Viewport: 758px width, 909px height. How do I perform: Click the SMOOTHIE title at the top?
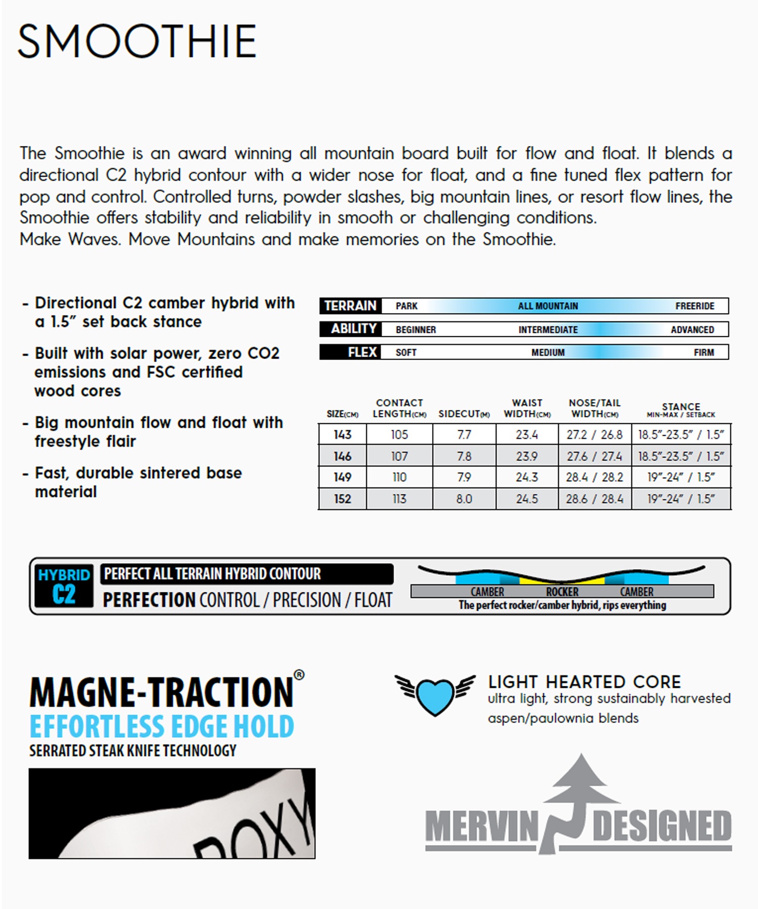(x=137, y=41)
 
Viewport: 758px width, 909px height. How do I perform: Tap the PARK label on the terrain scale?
(x=406, y=306)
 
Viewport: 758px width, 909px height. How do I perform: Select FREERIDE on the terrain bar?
(x=694, y=306)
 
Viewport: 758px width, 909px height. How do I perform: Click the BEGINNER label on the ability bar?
(x=415, y=330)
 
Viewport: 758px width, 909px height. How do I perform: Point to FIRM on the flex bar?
(x=703, y=352)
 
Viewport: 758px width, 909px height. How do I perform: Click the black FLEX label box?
(x=350, y=352)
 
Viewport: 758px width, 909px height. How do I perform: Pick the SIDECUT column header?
(x=463, y=414)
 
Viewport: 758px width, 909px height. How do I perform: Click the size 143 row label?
(x=342, y=434)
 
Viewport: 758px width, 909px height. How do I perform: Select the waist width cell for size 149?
(x=527, y=477)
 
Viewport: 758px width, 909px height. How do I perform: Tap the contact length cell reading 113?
(x=399, y=499)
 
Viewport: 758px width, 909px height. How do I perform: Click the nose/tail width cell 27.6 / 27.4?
(x=594, y=457)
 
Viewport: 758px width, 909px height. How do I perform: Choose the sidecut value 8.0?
(x=464, y=499)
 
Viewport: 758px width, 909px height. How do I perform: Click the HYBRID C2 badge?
(x=64, y=586)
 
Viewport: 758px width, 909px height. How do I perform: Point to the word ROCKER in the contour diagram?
(x=562, y=592)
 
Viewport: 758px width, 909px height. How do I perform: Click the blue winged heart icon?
(x=435, y=694)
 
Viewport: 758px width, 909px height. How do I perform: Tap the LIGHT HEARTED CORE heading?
(x=584, y=682)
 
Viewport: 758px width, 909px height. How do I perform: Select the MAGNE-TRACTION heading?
(x=162, y=692)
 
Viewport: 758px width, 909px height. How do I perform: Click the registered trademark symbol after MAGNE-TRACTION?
(x=299, y=675)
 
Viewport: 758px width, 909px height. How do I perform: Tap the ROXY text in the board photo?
(x=263, y=833)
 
